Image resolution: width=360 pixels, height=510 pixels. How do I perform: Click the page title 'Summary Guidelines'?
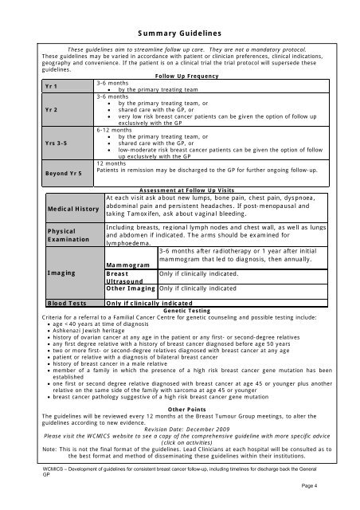[179, 33]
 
